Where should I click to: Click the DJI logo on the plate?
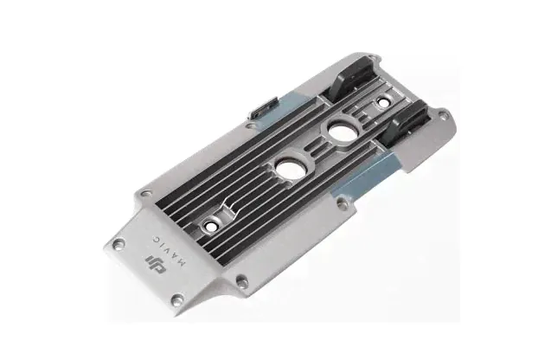(x=156, y=264)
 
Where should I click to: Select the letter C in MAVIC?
(x=156, y=238)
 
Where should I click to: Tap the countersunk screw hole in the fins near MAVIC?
(x=210, y=226)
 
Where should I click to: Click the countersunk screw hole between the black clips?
(x=383, y=102)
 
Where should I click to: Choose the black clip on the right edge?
(x=406, y=121)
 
